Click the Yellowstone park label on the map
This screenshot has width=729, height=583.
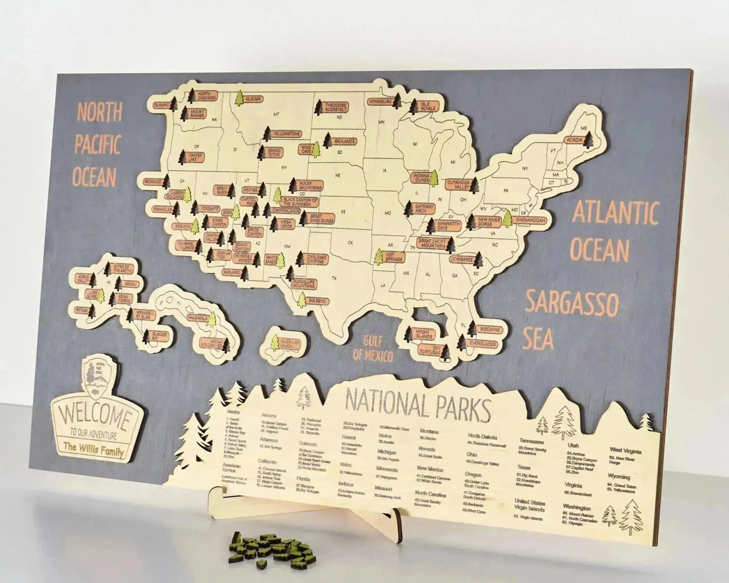pyautogui.click(x=287, y=134)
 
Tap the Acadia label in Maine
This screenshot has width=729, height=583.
pyautogui.click(x=574, y=140)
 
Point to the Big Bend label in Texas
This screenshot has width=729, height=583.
pyautogui.click(x=317, y=300)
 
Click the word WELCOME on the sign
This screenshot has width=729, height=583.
pyautogui.click(x=96, y=419)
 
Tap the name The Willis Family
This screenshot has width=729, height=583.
pyautogui.click(x=94, y=449)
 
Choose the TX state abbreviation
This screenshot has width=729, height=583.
pyautogui.click(x=334, y=278)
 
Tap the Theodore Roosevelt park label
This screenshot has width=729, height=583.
pyautogui.click(x=335, y=107)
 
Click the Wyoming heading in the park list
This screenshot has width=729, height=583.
pyautogui.click(x=619, y=477)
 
